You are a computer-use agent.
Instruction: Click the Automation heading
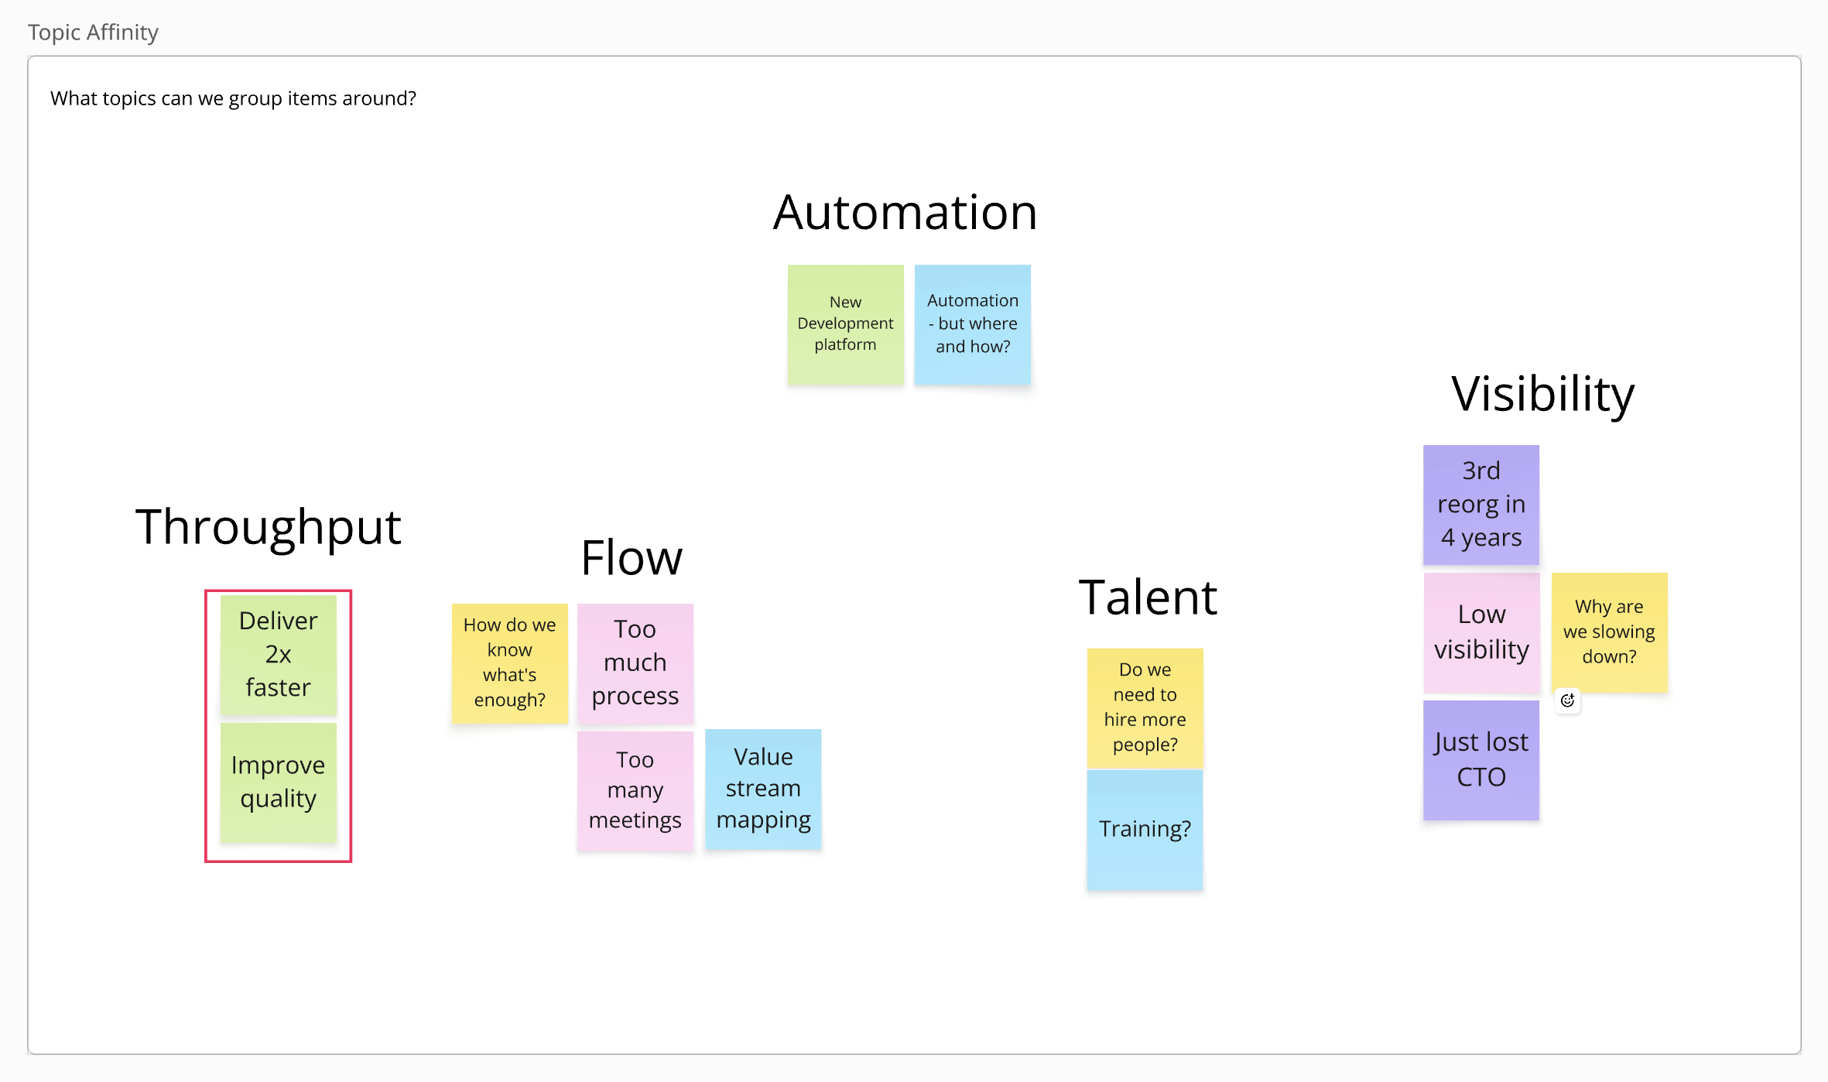click(x=905, y=213)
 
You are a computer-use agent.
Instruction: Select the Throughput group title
click(x=268, y=528)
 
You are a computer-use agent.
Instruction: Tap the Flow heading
click(x=632, y=558)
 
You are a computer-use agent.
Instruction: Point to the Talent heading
click(x=1148, y=597)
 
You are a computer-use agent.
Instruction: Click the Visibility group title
click(x=1542, y=394)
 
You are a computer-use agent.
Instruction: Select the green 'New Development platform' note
click(x=845, y=324)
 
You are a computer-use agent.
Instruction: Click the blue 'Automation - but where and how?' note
click(x=972, y=324)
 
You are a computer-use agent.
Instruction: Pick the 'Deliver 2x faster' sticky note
click(x=278, y=655)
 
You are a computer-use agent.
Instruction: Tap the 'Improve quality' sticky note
click(x=278, y=782)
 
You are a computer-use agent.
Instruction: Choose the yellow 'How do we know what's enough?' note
click(x=509, y=663)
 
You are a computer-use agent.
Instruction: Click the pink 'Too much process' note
click(x=635, y=663)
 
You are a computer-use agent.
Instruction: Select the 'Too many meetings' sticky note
click(x=635, y=790)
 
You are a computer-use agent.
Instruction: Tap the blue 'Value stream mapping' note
click(x=763, y=789)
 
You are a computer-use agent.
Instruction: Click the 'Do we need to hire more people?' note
click(x=1145, y=707)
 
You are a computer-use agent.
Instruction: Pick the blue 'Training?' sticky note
click(x=1145, y=830)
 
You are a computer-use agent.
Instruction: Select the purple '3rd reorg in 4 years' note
click(x=1481, y=505)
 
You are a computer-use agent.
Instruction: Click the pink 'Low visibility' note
click(x=1481, y=632)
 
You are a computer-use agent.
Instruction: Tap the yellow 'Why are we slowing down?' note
click(x=1609, y=632)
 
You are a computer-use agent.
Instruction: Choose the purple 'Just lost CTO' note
click(x=1481, y=760)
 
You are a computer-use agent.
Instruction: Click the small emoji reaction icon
click(x=1567, y=700)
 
